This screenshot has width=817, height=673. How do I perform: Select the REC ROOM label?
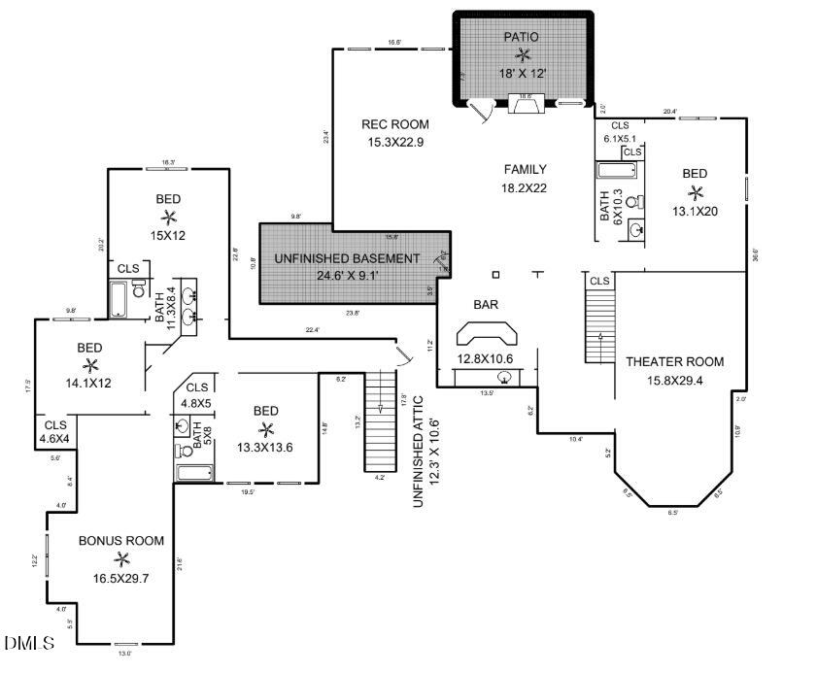[x=395, y=124]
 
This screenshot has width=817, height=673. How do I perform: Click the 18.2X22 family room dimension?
[x=525, y=187]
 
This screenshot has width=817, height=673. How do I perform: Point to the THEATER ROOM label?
[x=674, y=361]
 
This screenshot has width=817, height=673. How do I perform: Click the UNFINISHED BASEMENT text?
[x=347, y=258]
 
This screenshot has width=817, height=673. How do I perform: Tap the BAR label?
[x=486, y=304]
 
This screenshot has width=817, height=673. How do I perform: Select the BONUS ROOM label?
[x=121, y=540]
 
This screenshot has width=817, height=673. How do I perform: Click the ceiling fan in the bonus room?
[x=121, y=558]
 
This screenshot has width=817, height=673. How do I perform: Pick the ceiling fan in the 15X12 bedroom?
[x=168, y=217]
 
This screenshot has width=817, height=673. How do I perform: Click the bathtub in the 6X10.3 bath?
[x=618, y=172]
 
